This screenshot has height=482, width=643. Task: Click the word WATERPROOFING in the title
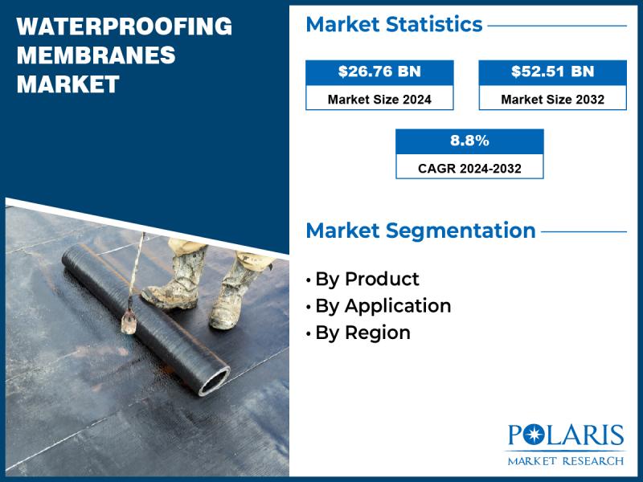click(x=125, y=27)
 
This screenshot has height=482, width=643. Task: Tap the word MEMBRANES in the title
click(x=96, y=55)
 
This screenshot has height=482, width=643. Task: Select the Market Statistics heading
click(x=394, y=25)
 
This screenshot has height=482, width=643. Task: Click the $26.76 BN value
click(x=379, y=71)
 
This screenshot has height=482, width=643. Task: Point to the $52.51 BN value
click(x=552, y=71)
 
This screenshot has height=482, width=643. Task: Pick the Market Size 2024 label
click(x=379, y=100)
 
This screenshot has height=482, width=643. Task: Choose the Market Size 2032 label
click(x=552, y=100)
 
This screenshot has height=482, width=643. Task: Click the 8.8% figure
click(x=469, y=141)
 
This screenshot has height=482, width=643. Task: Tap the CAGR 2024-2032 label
click(x=469, y=169)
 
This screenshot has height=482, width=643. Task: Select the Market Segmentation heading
click(x=420, y=231)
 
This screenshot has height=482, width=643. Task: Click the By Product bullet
click(x=367, y=280)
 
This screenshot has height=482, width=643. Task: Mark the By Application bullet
click(x=383, y=306)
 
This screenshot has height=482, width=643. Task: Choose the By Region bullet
click(x=362, y=333)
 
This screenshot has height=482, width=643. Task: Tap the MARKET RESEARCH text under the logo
click(x=565, y=461)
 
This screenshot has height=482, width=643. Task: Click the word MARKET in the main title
click(x=68, y=84)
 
